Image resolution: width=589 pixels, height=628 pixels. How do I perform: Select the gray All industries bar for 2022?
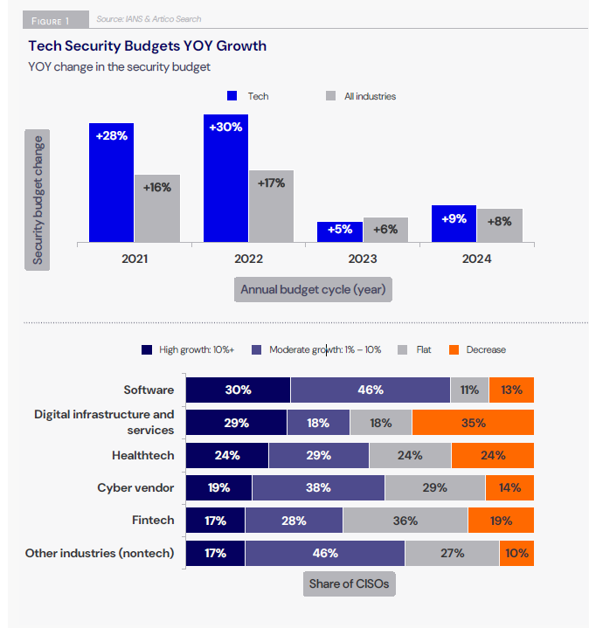[272, 205]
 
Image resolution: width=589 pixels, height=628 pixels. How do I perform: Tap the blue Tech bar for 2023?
[340, 231]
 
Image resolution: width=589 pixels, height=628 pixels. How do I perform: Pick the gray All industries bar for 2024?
[500, 224]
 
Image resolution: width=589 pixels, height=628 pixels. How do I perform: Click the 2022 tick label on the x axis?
[248, 259]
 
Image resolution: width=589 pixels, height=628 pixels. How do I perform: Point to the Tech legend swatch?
[232, 96]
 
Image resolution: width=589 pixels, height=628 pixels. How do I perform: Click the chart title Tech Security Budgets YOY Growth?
[148, 45]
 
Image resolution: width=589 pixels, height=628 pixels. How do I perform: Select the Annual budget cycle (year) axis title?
[313, 289]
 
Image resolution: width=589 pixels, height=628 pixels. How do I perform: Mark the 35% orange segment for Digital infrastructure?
[473, 423]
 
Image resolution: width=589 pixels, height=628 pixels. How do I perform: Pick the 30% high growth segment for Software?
[238, 390]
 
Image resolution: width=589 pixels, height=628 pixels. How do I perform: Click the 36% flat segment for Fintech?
[405, 521]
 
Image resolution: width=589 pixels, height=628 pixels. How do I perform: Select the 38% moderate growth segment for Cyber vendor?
[318, 488]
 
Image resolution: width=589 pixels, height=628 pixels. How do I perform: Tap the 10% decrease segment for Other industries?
[516, 553]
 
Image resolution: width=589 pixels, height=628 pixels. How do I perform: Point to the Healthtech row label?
[143, 455]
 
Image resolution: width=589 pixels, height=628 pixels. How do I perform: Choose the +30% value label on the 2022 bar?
[225, 127]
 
